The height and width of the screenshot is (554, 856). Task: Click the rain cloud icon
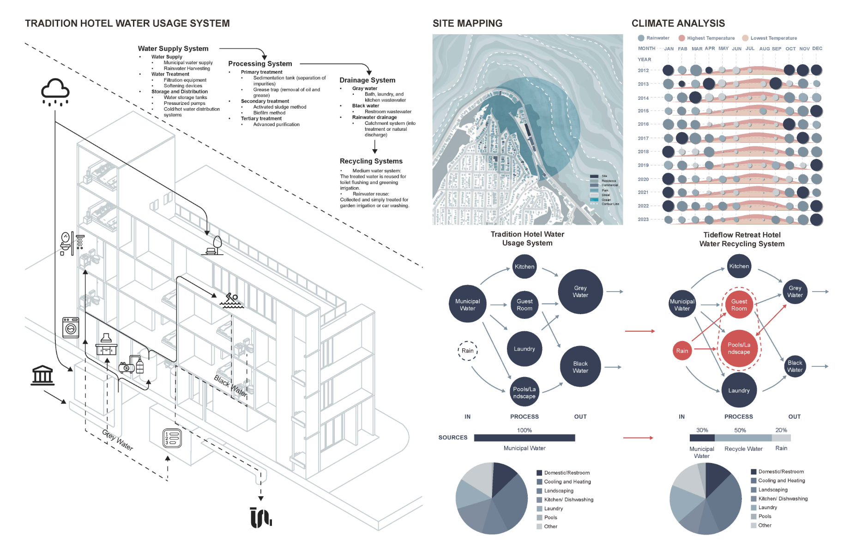pos(55,91)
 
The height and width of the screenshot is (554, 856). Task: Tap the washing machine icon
pos(71,327)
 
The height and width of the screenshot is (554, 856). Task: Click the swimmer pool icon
pos(232,301)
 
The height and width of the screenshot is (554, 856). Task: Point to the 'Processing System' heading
pos(260,64)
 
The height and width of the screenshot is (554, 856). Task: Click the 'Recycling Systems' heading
pos(371,161)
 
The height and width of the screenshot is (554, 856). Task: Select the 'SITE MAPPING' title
pos(467,24)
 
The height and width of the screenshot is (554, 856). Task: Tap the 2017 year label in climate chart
pos(643,138)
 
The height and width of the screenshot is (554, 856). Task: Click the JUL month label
pos(750,49)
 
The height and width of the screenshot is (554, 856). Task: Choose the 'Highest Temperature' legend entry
pos(711,38)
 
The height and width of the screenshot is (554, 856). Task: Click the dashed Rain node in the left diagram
pos(467,351)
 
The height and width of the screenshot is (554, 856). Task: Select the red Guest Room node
pos(739,305)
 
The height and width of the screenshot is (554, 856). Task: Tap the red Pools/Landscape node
pos(739,348)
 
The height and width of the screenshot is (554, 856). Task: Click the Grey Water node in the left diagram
pos(580,292)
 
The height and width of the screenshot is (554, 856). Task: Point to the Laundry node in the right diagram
pos(739,390)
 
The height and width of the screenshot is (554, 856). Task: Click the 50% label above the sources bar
pos(740,430)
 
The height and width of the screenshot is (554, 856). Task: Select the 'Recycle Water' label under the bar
pos(743,449)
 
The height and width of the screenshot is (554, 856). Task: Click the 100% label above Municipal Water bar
pos(524,430)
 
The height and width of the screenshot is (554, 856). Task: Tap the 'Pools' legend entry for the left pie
pos(550,517)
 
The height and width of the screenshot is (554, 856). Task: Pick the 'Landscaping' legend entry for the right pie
pos(773,490)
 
